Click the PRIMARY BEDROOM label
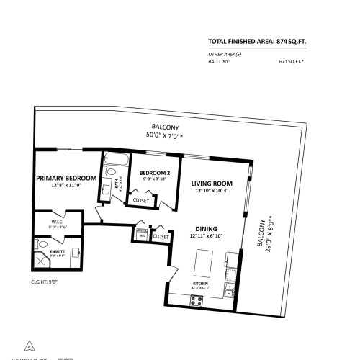click(x=66, y=178)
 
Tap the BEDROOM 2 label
click(x=154, y=173)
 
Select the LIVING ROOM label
click(x=210, y=183)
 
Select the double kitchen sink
click(x=229, y=291)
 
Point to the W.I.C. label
click(x=58, y=222)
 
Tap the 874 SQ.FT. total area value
click(x=298, y=42)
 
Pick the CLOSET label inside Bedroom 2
click(x=142, y=200)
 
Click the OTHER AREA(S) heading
click(x=225, y=55)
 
